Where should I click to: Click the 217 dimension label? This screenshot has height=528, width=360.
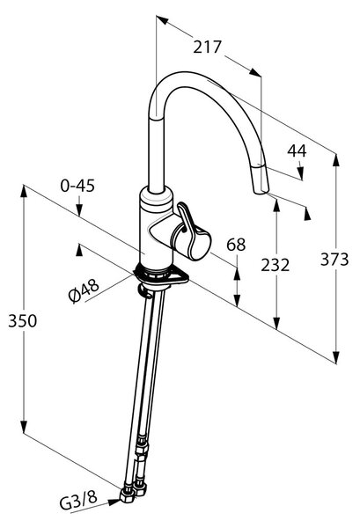[x=208, y=48]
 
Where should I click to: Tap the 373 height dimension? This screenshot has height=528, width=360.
[x=334, y=260]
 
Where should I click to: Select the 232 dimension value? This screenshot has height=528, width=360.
[x=276, y=266]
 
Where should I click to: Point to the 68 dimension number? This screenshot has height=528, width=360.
[x=236, y=245]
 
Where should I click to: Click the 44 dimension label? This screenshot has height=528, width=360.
[x=297, y=150]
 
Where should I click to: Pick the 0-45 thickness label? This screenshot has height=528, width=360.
[x=77, y=186]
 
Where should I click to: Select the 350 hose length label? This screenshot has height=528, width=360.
[x=23, y=321]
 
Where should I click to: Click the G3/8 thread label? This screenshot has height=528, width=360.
[x=78, y=502]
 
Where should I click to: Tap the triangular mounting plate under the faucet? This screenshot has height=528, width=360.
[x=162, y=275]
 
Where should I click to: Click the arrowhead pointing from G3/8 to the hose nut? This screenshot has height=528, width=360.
[x=114, y=502]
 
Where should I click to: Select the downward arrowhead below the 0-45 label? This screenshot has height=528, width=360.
[x=79, y=210]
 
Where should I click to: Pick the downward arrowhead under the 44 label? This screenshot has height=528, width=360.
[x=301, y=173]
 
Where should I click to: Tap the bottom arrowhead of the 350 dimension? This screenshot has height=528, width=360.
[x=24, y=427]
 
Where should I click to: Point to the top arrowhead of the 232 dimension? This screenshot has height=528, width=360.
[x=276, y=205]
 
